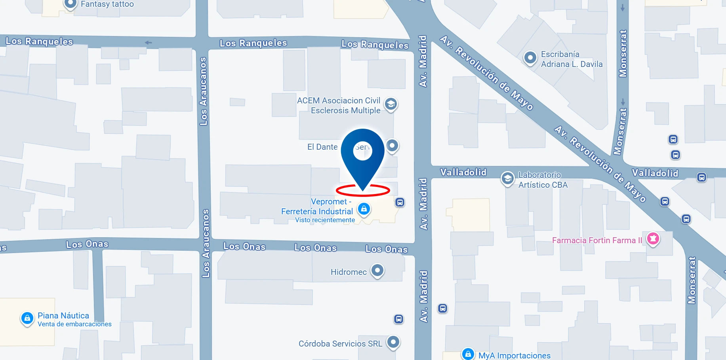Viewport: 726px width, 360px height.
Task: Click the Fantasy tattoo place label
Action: coord(107,4)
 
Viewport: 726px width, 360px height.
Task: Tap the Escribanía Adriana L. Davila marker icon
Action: coord(530,58)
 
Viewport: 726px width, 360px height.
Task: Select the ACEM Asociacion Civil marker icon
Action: coord(391,104)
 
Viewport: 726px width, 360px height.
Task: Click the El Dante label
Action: coord(322,147)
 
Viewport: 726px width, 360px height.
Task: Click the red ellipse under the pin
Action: coord(363,190)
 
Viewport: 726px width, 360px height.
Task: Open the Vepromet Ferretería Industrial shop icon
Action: coord(364,208)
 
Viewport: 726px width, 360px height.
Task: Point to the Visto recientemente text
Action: coord(325,220)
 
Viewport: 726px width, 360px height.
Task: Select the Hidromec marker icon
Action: coord(377,270)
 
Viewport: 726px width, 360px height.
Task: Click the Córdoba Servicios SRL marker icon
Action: coord(393,342)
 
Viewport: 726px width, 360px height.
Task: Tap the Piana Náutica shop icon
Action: coord(27,318)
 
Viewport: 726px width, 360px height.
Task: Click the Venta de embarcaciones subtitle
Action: coord(74,324)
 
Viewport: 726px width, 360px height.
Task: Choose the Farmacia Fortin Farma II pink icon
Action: coord(653,238)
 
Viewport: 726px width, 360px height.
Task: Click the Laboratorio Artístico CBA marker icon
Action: coord(507,178)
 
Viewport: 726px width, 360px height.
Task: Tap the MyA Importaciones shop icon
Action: coord(468,354)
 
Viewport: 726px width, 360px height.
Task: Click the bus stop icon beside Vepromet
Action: coord(400,203)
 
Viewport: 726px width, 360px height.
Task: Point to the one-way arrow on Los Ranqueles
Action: coord(148,42)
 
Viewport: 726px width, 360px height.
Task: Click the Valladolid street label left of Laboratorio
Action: coord(463,172)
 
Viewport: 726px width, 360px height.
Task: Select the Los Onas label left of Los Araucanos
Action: coord(87,244)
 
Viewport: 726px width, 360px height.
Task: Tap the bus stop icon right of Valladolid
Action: coord(701,177)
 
